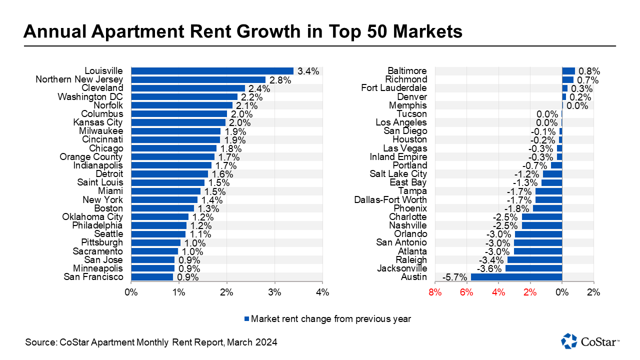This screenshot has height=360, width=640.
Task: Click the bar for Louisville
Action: click(212, 70)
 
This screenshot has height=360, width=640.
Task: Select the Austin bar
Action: click(516, 277)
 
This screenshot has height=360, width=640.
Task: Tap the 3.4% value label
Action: click(308, 71)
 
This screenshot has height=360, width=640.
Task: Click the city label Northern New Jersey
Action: click(79, 79)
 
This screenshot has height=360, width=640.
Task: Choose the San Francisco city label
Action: click(93, 277)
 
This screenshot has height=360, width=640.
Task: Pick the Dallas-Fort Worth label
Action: click(390, 199)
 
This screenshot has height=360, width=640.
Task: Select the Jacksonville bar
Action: click(533, 268)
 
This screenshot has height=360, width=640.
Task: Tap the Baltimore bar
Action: click(568, 71)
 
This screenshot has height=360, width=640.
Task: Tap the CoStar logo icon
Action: click(569, 340)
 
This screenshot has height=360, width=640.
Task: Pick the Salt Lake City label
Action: click(398, 173)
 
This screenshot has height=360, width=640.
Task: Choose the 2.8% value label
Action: click(280, 79)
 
